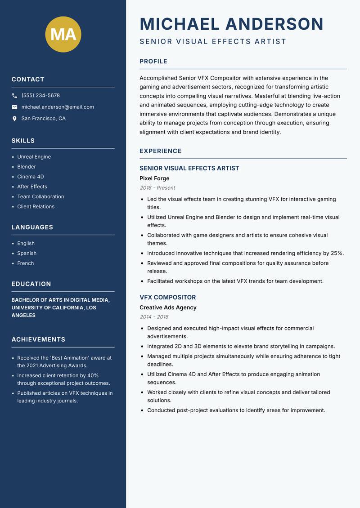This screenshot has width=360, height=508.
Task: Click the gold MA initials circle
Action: click(63, 34)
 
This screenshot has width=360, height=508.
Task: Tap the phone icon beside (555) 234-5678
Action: click(14, 96)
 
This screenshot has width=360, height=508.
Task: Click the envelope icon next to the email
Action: click(14, 107)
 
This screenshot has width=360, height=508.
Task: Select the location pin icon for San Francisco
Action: click(14, 119)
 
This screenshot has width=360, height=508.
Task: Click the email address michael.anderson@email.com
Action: click(58, 107)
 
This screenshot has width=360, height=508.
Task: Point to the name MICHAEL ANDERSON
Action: click(231, 24)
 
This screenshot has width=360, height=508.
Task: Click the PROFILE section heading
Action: click(153, 62)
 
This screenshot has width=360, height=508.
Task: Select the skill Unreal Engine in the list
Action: click(34, 157)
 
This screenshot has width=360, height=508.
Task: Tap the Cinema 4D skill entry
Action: click(31, 177)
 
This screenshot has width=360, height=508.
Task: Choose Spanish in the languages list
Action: click(27, 254)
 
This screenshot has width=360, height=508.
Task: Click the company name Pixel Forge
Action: click(154, 178)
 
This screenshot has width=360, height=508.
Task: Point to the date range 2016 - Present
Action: click(157, 188)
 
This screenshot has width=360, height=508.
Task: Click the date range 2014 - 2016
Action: click(154, 317)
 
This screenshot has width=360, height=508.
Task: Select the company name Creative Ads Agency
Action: click(168, 307)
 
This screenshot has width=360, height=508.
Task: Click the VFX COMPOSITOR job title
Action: click(167, 298)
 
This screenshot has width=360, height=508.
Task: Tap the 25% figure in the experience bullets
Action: click(337, 253)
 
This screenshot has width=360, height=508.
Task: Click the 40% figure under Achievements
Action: click(93, 375)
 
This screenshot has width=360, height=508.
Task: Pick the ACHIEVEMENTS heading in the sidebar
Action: click(38, 339)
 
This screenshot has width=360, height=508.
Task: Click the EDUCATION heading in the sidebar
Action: click(31, 284)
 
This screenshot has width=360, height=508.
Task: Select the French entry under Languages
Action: click(26, 263)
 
